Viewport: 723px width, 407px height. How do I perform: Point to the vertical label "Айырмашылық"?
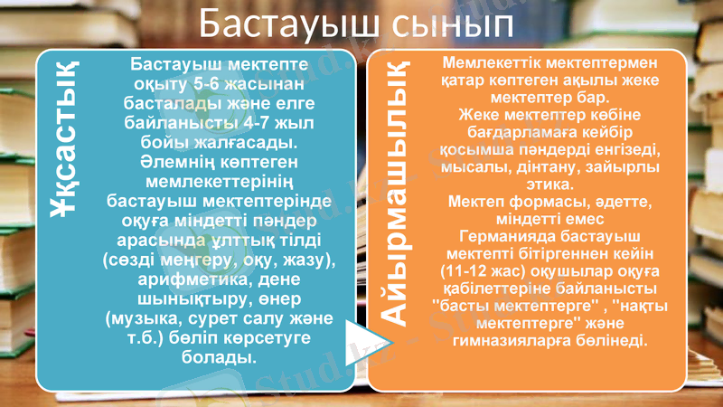point(396,190)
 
